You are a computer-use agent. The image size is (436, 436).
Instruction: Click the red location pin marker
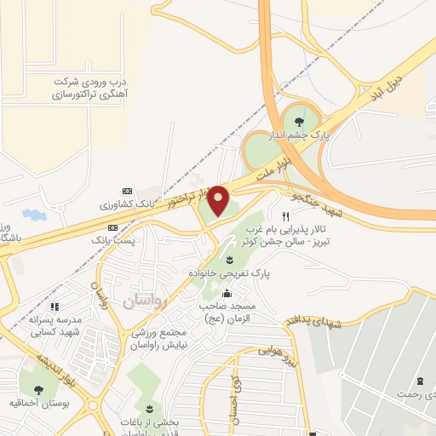pos(219,200)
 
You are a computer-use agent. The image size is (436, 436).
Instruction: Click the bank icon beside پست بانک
pos(113,228)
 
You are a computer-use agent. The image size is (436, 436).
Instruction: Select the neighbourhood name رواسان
pos(146,300)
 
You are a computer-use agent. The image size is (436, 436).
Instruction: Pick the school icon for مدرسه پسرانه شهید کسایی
pos(54,307)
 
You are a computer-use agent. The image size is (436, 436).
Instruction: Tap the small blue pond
pos(34,212)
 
